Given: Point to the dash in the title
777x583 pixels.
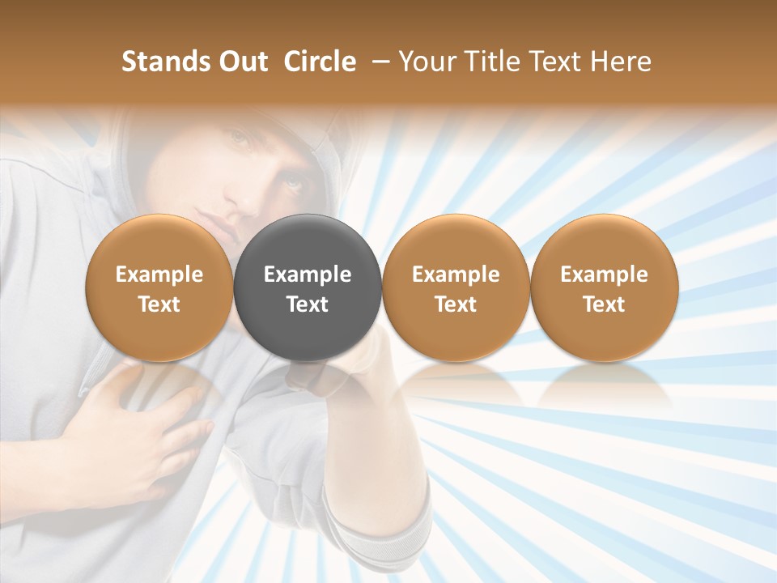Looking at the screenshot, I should (x=377, y=62).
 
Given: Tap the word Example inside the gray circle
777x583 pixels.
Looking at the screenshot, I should (x=308, y=274).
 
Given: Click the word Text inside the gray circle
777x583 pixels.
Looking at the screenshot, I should (x=308, y=304).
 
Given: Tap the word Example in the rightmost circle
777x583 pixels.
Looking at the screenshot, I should (x=605, y=274).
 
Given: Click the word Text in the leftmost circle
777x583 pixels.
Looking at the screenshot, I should (x=159, y=304).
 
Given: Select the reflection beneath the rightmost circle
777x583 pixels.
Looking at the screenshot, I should (x=605, y=385).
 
